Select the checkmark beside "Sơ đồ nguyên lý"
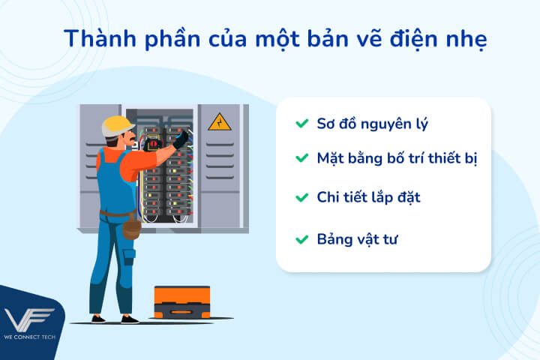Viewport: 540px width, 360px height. (301, 123)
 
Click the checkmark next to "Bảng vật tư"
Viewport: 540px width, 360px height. (301, 239)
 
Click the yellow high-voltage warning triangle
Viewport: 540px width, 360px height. (220, 121)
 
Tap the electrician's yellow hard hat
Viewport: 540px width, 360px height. (117, 124)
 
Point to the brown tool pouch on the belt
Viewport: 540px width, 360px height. (132, 224)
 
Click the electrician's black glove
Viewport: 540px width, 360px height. (181, 139)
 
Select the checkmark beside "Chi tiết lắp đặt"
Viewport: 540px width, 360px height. (301, 198)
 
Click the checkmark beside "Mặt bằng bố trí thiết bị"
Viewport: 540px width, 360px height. (301, 158)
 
